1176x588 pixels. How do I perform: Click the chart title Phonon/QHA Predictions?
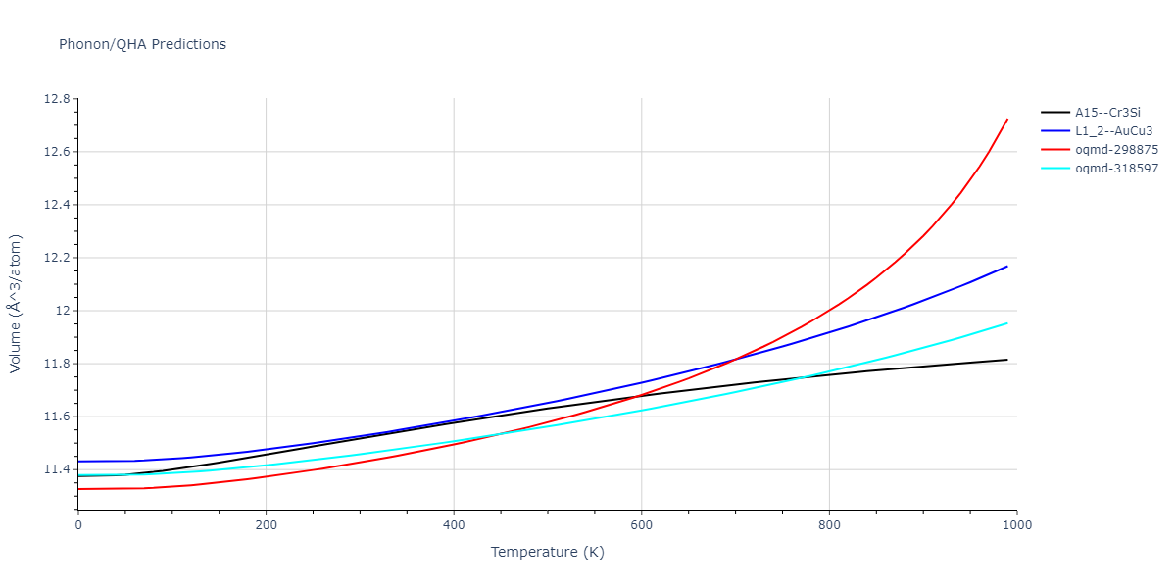pyautogui.click(x=142, y=44)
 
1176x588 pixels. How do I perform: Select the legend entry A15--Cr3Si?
pyautogui.click(x=1107, y=113)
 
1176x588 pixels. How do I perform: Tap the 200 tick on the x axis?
pyautogui.click(x=266, y=525)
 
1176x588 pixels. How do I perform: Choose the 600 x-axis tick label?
pyautogui.click(x=641, y=525)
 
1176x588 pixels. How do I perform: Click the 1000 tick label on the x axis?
pyautogui.click(x=1016, y=525)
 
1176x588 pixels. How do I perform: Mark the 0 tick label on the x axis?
pyautogui.click(x=78, y=525)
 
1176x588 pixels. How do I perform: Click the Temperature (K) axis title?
pyautogui.click(x=547, y=553)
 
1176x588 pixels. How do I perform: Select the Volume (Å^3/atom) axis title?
pyautogui.click(x=16, y=304)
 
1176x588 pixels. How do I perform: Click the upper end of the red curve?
pyautogui.click(x=1007, y=120)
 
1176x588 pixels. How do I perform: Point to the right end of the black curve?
pyautogui.click(x=1007, y=360)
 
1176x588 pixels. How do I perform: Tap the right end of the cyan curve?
pyautogui.click(x=1007, y=323)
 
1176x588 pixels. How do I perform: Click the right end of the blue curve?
pyautogui.click(x=1007, y=266)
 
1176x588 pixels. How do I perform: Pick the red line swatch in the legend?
pyautogui.click(x=1054, y=150)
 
